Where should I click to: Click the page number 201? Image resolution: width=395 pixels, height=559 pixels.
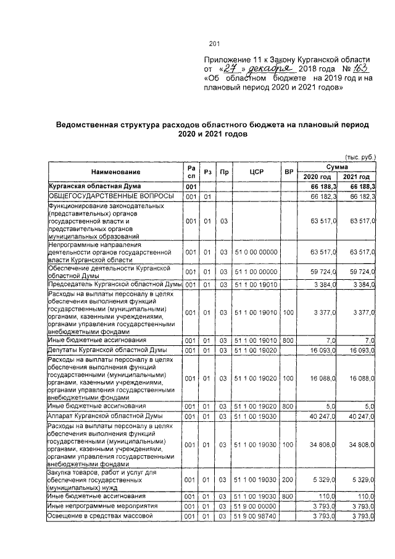tap(215, 43)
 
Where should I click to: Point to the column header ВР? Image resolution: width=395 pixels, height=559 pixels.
tap(288, 172)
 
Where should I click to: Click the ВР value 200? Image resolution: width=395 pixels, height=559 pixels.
tap(288, 478)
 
